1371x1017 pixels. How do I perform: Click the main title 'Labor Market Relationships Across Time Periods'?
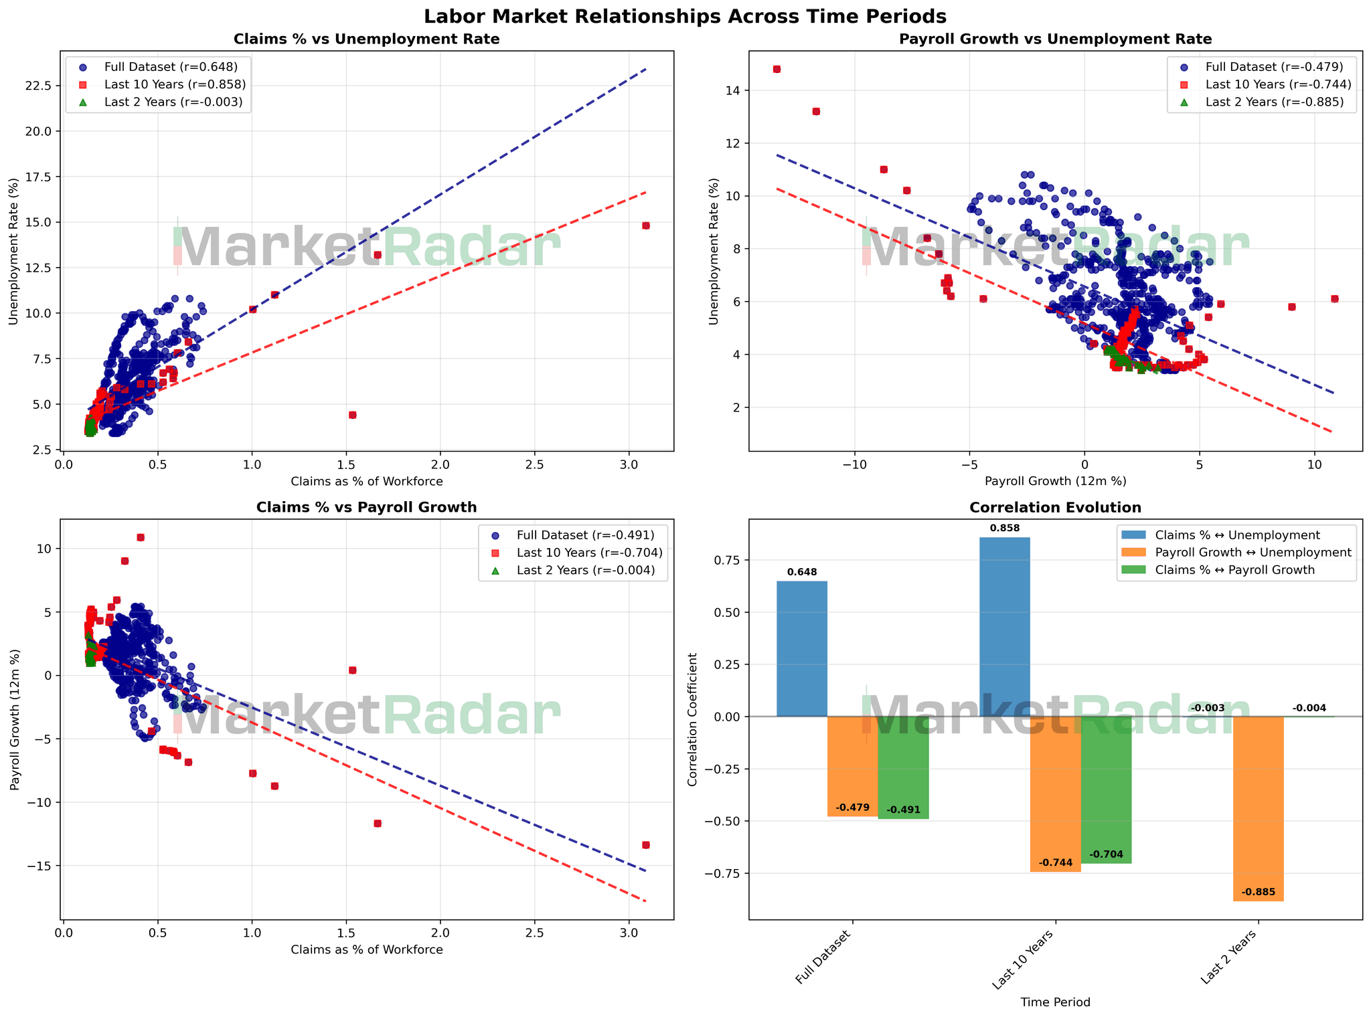pyautogui.click(x=685, y=15)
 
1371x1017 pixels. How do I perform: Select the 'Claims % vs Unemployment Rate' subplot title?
pyautogui.click(x=366, y=39)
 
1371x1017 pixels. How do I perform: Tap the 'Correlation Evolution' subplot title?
pyautogui.click(x=1055, y=508)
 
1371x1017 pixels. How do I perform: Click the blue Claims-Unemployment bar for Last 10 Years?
pyautogui.click(x=1004, y=626)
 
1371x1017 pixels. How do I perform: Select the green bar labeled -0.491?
pyautogui.click(x=903, y=767)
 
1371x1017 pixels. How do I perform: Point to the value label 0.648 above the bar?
pyautogui.click(x=801, y=572)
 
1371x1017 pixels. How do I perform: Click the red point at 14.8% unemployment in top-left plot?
pyautogui.click(x=645, y=225)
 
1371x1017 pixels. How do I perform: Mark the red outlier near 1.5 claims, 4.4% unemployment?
pyautogui.click(x=352, y=415)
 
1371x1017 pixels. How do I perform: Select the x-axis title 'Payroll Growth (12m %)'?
pyautogui.click(x=1055, y=481)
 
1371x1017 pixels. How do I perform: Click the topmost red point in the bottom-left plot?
pyautogui.click(x=141, y=537)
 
